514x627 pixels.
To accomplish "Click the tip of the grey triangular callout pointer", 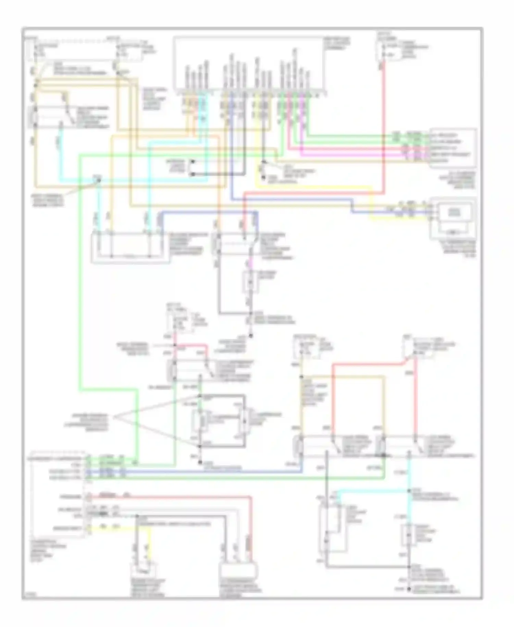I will [x=114, y=417].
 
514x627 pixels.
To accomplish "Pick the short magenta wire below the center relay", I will [x=250, y=264].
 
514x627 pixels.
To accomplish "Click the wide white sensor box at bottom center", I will [x=238, y=571].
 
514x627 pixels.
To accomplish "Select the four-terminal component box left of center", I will [x=130, y=248].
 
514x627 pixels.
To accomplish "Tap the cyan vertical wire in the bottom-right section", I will [x=409, y=508].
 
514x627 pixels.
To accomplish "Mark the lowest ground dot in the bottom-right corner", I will [x=409, y=589].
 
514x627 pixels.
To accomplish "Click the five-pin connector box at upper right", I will [x=452, y=148].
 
